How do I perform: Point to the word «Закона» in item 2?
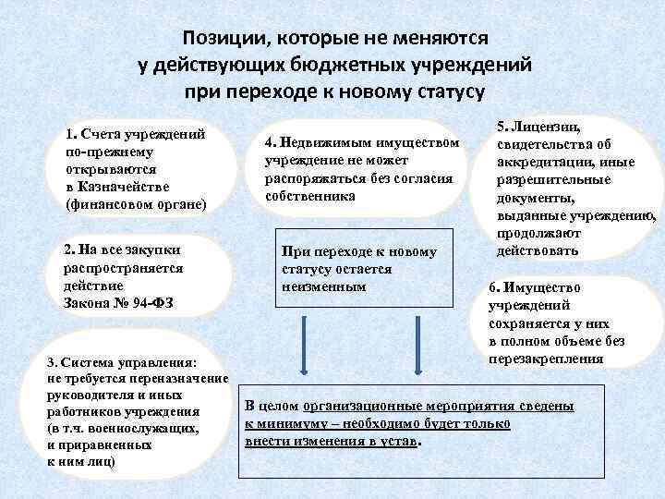pos(89,302)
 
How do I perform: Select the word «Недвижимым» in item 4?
pos(322,144)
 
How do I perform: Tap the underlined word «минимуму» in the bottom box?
pos(285,423)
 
